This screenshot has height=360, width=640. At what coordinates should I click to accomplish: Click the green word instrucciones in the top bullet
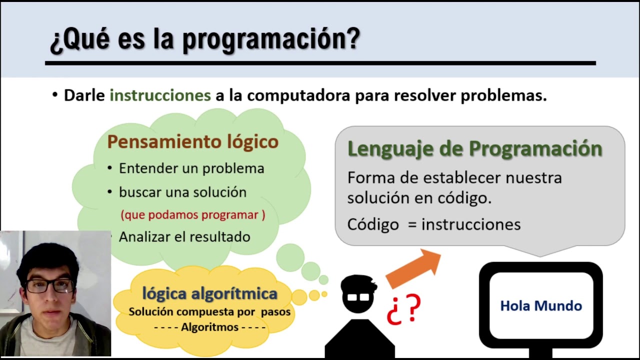[x=160, y=95]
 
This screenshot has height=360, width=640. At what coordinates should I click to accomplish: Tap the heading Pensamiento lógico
[x=192, y=141]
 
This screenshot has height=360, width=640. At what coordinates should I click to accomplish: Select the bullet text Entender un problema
[x=191, y=168]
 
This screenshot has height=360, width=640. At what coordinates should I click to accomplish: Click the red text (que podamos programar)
[x=192, y=215]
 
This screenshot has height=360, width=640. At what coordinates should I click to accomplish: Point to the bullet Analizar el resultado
[x=184, y=237]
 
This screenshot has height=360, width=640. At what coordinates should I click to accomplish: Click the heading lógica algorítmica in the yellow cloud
[x=209, y=293]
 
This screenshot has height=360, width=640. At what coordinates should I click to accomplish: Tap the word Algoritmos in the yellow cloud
[x=209, y=327]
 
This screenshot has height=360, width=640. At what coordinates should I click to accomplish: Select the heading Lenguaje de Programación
[x=474, y=148]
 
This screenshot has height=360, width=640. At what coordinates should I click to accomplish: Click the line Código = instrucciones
[x=433, y=224]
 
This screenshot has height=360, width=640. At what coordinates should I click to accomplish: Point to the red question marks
[x=404, y=310]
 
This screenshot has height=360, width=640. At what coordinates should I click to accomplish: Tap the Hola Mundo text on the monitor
[x=541, y=306]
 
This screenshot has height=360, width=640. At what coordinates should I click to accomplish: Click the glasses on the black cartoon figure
[x=358, y=297]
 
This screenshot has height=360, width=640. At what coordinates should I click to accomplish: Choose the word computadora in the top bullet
[x=298, y=95]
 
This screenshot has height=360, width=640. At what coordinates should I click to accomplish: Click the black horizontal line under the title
[x=320, y=63]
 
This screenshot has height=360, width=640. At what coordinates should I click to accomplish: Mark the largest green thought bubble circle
[x=290, y=257]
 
